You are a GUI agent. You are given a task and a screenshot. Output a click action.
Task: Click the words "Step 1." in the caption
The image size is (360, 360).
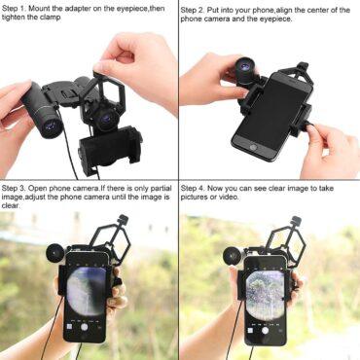pos(14,9)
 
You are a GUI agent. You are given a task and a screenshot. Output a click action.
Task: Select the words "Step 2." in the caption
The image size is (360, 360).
pos(193,11)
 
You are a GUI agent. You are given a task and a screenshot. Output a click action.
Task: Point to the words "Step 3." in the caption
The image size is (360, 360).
pos(14,188)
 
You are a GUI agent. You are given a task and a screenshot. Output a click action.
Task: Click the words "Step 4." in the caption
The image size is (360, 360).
pos(193,188)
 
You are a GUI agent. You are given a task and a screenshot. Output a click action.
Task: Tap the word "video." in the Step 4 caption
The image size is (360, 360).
pos(229,197)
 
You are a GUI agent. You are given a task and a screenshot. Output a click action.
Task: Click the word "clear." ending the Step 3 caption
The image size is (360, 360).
pos(11,205)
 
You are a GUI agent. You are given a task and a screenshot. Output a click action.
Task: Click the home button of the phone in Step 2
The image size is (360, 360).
pos(253,148)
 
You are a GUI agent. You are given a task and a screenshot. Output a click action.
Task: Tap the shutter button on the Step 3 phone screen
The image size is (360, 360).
pos(84,327)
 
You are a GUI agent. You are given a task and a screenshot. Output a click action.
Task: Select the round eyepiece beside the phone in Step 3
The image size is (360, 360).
pos(55,253)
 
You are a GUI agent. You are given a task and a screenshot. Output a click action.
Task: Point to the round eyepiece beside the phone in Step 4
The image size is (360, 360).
pos(233,256)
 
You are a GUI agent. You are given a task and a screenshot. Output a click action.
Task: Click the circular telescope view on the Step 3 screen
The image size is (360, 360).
pos(87,291)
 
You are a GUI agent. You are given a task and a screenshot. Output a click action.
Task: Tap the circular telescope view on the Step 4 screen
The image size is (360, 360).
pos(265,296)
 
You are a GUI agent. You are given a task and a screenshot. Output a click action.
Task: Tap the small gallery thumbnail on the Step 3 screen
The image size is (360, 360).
pos(69,326)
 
